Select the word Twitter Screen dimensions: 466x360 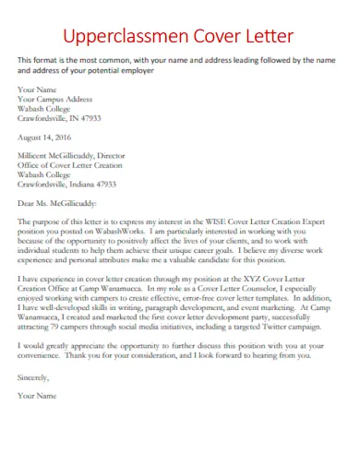pyautogui.click(x=262, y=331)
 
